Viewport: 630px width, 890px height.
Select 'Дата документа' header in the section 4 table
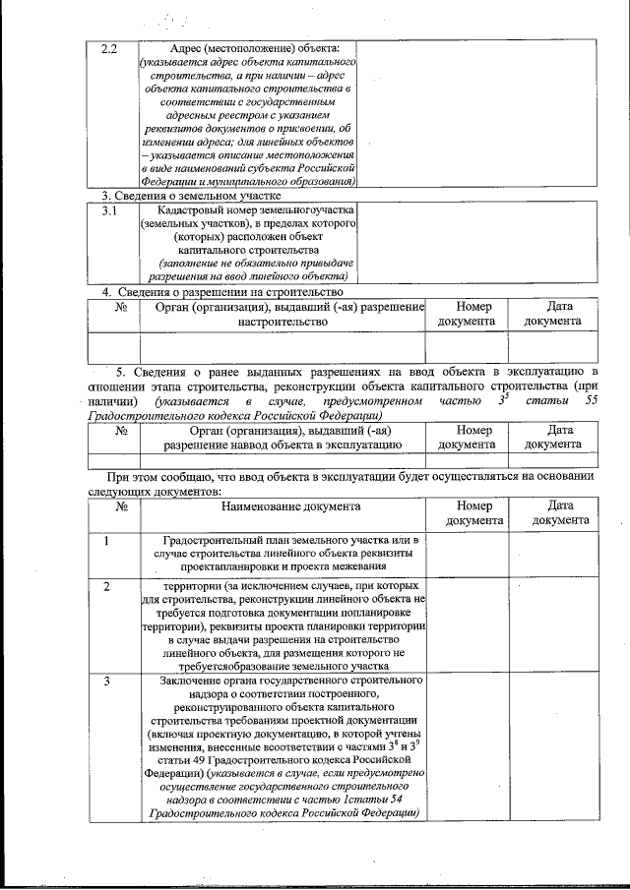(552, 314)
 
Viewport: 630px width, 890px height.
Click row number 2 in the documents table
(106, 586)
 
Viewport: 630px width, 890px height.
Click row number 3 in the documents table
(106, 681)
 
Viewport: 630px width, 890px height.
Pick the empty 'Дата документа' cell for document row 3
(552, 746)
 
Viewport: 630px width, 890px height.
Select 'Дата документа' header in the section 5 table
(552, 437)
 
